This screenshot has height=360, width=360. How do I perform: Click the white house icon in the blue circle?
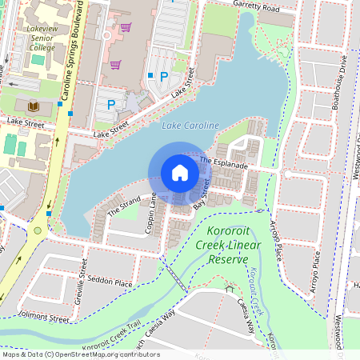click(x=180, y=173)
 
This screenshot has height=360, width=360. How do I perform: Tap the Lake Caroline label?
click(x=190, y=126)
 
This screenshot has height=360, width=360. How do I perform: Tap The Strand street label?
click(x=124, y=206)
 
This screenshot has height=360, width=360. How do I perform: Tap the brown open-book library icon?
click(x=34, y=106)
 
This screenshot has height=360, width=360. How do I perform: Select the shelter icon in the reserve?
click(x=230, y=288)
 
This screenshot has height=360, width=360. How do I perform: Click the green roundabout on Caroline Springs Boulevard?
click(x=38, y=231)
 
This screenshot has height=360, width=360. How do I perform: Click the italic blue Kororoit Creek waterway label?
click(x=257, y=292)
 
